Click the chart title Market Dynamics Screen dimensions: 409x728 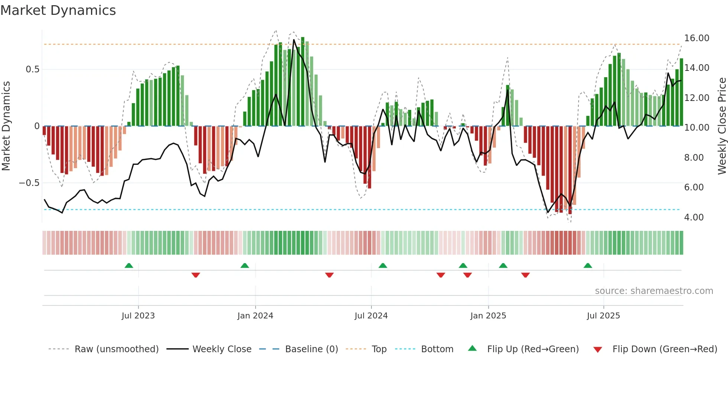tap(58, 10)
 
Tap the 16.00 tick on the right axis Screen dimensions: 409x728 tap(696, 38)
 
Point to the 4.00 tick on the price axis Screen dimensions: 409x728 tap(694, 217)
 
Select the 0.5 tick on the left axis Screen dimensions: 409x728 tap(32, 69)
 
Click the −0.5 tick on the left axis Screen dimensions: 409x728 tap(29, 183)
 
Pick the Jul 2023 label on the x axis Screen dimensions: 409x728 tap(138, 316)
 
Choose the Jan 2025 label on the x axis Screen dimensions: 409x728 tap(488, 316)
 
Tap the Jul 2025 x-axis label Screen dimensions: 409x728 tap(603, 316)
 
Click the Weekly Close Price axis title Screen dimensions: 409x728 tap(722, 126)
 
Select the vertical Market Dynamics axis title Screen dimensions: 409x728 tap(6, 126)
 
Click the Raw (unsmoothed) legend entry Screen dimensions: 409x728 tap(116, 349)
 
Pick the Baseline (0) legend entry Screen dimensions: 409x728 tap(311, 349)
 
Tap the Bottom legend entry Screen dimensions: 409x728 tap(437, 349)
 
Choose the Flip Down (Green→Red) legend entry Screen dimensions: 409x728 tap(664, 349)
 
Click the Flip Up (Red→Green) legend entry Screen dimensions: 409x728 tap(533, 349)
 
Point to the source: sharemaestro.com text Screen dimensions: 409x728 tap(654, 291)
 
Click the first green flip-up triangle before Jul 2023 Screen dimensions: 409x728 tap(129, 266)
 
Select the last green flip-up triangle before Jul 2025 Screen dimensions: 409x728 tap(588, 266)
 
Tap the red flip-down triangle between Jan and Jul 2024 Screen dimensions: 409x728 tap(329, 275)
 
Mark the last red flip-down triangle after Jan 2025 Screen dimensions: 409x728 tap(525, 275)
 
